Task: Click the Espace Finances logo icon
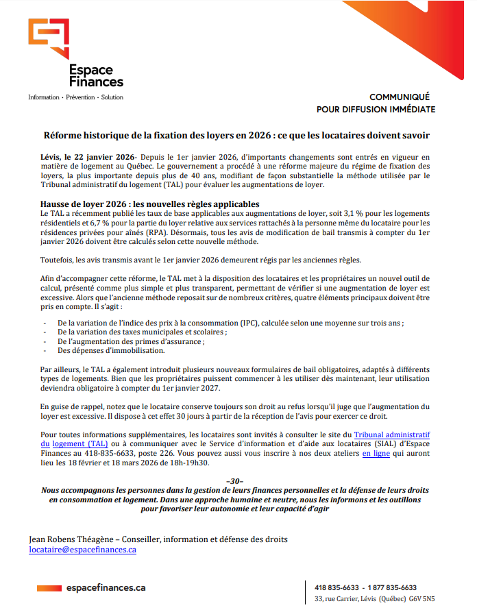pos(48,38)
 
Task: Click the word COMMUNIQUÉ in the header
pos(400,97)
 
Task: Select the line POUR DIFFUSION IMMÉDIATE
pos(375,109)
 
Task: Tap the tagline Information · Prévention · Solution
pos(75,97)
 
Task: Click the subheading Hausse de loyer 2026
pos(150,204)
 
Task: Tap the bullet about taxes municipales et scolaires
pos(143,332)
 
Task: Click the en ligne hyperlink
pos(376,453)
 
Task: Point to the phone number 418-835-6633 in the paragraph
pos(109,453)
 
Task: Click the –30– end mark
pos(234,481)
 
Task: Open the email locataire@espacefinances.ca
pos(82,550)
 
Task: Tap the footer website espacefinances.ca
pos(106,588)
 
